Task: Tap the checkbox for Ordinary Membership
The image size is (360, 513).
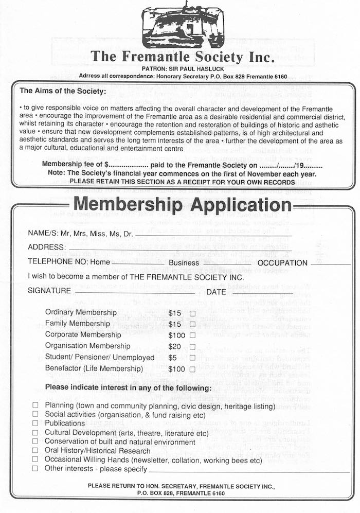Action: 193,313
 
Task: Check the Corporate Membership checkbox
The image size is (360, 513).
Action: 193,335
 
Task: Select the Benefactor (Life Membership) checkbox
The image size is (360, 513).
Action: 193,369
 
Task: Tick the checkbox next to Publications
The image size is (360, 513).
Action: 35,423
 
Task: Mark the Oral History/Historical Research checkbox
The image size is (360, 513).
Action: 35,450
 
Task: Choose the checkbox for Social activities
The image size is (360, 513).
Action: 35,414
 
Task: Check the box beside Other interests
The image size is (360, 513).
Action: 35,469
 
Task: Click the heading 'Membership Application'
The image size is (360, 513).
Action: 183,204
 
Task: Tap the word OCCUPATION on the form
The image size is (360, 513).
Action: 282,263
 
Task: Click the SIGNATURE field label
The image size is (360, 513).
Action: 49,291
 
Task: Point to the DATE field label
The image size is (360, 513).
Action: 216,292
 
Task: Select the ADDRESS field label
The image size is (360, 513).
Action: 47,247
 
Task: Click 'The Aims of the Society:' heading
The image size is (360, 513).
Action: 62,92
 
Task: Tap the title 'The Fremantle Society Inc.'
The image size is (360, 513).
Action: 182,57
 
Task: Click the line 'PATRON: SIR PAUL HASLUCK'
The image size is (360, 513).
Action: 181,69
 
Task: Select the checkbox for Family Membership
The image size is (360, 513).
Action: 193,324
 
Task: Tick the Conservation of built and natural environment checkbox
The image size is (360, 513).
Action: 35,441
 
